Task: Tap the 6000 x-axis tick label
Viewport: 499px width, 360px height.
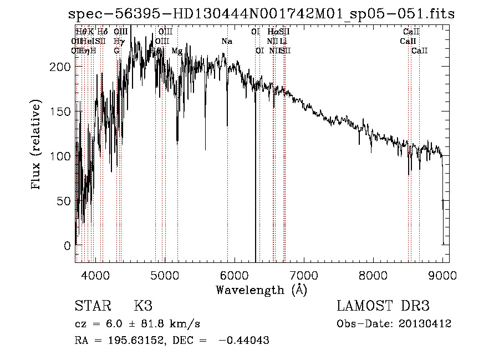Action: coord(234,275)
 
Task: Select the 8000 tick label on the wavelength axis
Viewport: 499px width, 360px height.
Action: coord(373,275)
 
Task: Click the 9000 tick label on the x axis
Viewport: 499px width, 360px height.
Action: coord(442,275)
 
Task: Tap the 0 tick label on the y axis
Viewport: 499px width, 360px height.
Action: coord(67,245)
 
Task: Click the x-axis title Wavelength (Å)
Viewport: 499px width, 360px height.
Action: coord(261,290)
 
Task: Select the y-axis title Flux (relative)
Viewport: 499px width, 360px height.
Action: coord(37,145)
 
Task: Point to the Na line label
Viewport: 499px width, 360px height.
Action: coord(227,41)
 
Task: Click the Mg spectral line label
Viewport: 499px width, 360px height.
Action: coord(177,51)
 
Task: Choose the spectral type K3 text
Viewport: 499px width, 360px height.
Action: coord(142,306)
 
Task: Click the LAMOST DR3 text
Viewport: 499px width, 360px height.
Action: coord(383,306)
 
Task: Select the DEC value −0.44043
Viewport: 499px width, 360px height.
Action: coord(244,341)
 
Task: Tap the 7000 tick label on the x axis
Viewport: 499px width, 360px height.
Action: coord(303,275)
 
